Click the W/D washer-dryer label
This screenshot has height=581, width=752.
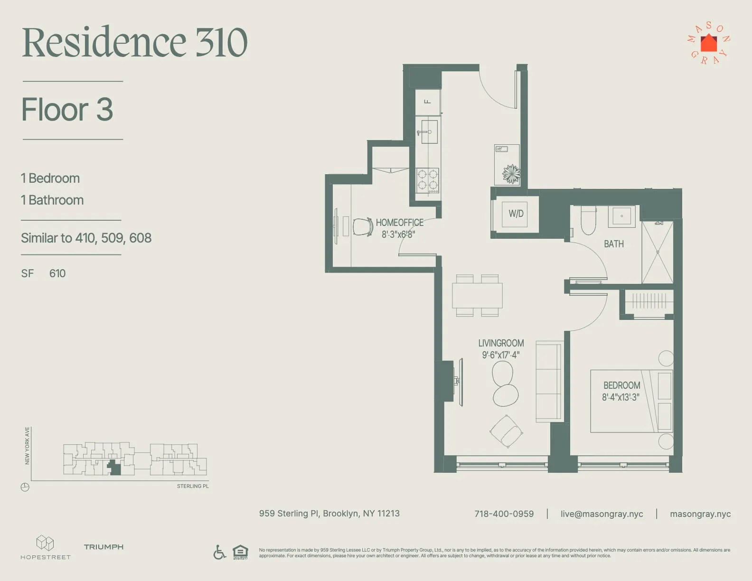(x=516, y=214)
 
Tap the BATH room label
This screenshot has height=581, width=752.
(x=613, y=244)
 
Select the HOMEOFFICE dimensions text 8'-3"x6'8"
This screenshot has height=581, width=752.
(x=398, y=234)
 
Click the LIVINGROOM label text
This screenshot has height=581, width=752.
(x=501, y=343)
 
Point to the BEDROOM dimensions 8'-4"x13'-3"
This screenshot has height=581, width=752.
(x=620, y=397)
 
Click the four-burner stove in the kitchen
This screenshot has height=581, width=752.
(x=427, y=180)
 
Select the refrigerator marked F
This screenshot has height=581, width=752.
(x=427, y=102)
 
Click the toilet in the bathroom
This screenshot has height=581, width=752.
(x=588, y=221)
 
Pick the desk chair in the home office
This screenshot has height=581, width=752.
(x=363, y=227)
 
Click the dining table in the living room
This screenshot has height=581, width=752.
(x=477, y=295)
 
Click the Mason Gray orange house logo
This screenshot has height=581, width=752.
(x=708, y=44)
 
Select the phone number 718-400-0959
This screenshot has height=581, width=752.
(x=504, y=514)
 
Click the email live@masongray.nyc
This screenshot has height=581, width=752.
(x=602, y=514)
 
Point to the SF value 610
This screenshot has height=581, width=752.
(x=57, y=273)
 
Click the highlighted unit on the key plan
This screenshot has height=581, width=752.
(x=114, y=469)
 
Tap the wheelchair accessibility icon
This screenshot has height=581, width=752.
(x=219, y=552)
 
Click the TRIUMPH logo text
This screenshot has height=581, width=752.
(x=103, y=547)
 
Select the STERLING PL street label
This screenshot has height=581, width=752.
(x=193, y=486)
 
